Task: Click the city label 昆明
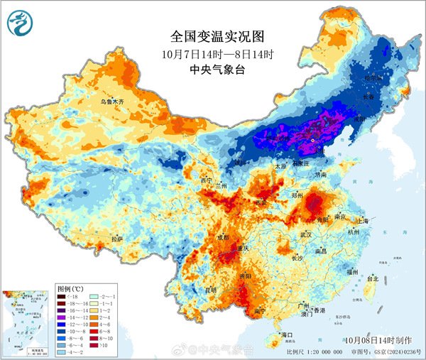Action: click(x=211, y=290)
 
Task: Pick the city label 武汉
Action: click(x=306, y=234)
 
